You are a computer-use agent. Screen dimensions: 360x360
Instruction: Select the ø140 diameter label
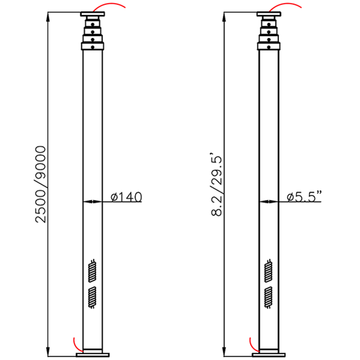click(126, 197)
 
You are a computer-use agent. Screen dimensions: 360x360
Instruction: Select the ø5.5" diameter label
click(305, 197)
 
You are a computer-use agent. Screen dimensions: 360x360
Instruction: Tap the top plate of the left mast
click(92, 14)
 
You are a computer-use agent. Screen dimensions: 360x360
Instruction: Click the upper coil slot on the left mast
click(92, 271)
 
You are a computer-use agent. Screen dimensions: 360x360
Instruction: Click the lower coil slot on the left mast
click(92, 298)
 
